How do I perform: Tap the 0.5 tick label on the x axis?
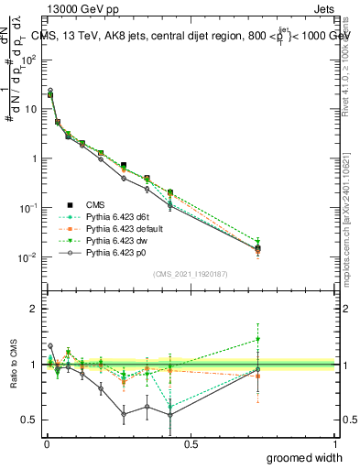[191, 444]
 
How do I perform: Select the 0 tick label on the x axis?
[46, 444]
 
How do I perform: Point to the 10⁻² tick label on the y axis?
[26, 257]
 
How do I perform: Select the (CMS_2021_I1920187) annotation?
[191, 273]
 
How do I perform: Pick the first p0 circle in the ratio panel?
[49, 346]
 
